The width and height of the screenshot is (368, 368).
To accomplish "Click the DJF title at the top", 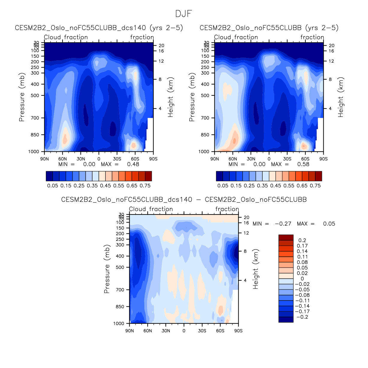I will tap(184, 14).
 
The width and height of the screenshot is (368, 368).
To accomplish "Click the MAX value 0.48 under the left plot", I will tap(133, 164).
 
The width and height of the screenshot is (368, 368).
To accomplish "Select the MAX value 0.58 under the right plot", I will tap(303, 164).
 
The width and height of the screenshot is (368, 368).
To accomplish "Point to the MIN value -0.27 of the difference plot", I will tap(283, 224).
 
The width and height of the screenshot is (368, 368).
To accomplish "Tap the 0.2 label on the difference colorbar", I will tap(302, 241).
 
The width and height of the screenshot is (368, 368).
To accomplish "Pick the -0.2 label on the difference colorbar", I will tap(302, 317).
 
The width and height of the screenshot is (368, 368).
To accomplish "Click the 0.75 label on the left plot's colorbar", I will tap(145, 186).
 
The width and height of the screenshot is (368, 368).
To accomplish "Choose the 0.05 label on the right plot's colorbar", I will tap(223, 186).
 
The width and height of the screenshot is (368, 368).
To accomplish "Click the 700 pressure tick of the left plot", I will tap(35, 118).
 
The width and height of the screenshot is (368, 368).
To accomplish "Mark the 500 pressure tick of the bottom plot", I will tap(120, 267).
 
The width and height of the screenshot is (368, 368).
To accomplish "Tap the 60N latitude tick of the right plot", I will tap(233, 159).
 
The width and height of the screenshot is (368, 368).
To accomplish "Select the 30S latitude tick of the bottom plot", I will tap(202, 331).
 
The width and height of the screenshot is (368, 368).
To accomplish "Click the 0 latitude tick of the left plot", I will tap(99, 159).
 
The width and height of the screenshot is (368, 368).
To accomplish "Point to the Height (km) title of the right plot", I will tap(341, 97).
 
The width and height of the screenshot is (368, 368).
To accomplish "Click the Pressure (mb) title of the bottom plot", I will tap(107, 269).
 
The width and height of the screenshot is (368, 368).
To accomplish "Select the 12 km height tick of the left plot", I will tap(161, 61).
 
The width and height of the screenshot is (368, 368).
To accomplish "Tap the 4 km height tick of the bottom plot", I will tap(245, 280).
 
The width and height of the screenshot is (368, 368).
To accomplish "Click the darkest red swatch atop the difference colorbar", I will tap(286, 238).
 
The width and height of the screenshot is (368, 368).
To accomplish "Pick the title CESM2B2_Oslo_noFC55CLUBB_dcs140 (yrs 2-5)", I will tap(99, 28).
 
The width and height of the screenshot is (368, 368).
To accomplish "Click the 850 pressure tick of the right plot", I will tap(205, 135).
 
